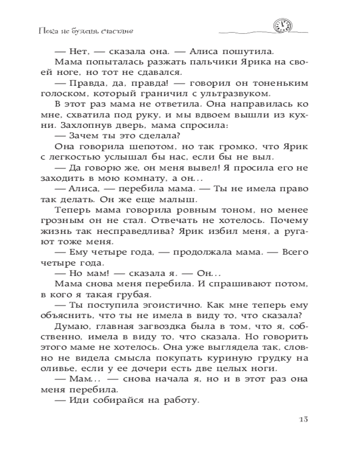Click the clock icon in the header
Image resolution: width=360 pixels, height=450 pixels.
[x=282, y=27]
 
